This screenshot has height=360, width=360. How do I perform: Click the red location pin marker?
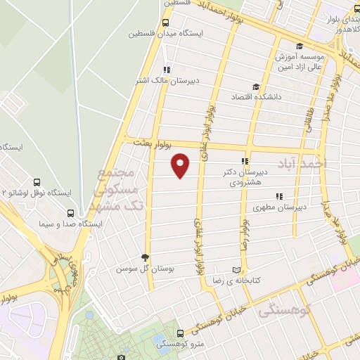pyautogui.click(x=181, y=165)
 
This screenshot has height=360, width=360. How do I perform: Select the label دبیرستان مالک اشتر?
pyautogui.click(x=168, y=81)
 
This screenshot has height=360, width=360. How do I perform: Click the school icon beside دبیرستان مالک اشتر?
pyautogui.click(x=167, y=70)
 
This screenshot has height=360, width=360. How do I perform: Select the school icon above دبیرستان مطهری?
pyautogui.click(x=279, y=196)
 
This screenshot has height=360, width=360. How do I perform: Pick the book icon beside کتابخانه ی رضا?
pyautogui.click(x=236, y=270)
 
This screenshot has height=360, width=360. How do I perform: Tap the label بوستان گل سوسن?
pyautogui.click(x=146, y=269)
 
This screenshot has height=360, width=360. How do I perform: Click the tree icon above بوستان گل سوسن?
pyautogui.click(x=146, y=257)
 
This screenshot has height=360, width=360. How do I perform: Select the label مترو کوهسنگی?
pyautogui.click(x=180, y=343)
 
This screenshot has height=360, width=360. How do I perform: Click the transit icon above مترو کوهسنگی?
pyautogui.click(x=180, y=333)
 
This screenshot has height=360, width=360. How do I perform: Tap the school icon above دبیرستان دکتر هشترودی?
pyautogui.click(x=245, y=161)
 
